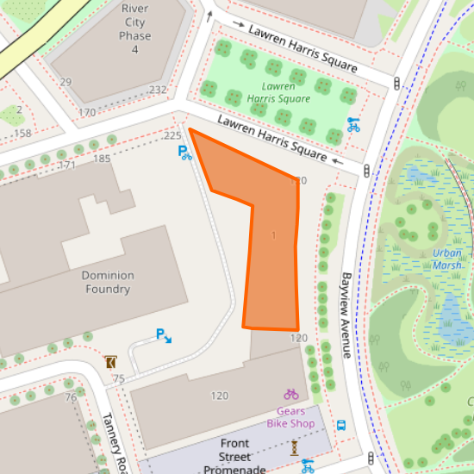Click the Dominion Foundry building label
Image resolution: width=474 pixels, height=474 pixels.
108,282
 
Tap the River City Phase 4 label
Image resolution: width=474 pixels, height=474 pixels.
134,28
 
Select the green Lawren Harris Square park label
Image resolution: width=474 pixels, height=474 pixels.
278,92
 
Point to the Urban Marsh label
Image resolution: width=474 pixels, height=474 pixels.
446,259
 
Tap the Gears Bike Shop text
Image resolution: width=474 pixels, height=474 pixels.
290,417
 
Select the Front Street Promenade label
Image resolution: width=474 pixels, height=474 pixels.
235,456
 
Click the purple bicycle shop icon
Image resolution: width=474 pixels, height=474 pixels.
291,394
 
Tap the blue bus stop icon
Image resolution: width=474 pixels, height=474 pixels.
341,425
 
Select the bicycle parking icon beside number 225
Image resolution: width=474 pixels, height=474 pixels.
185,153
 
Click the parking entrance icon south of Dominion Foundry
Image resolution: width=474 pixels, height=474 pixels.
163,335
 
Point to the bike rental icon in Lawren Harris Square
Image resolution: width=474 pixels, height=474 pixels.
352,123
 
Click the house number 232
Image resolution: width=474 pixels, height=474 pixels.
158,90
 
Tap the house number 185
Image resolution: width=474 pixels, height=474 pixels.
103,159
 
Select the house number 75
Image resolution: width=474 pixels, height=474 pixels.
118,379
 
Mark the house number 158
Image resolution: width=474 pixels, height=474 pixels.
22,133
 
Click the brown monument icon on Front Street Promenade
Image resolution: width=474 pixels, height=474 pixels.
294,447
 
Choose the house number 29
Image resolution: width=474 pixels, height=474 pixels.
65,82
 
